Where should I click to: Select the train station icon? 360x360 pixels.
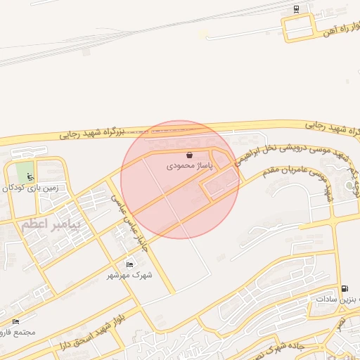[296, 9]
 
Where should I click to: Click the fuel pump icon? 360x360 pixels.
[343, 288]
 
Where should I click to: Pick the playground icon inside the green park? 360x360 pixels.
[29, 176]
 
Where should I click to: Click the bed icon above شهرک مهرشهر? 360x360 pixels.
[129, 264]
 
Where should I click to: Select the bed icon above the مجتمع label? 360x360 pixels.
[15, 322]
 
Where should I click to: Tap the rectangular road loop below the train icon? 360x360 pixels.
[297, 29]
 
